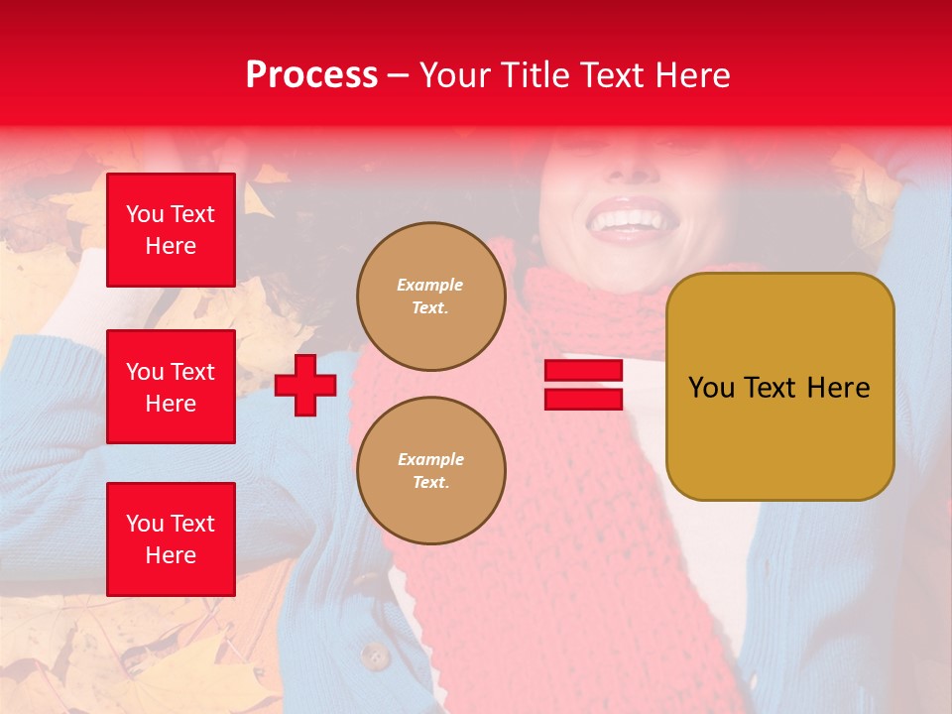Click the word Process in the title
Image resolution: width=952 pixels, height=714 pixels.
point(311,75)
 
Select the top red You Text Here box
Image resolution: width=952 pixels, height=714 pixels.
point(171,230)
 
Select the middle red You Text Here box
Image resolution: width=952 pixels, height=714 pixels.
point(171,387)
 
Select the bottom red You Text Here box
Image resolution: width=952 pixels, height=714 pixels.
point(171,539)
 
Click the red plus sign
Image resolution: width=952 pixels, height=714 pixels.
point(305,385)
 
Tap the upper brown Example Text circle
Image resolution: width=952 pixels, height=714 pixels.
point(430,297)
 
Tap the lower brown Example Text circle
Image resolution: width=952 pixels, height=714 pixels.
point(430,471)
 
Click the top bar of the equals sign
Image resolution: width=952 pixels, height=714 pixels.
point(583,371)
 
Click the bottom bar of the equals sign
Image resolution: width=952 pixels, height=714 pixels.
point(583,400)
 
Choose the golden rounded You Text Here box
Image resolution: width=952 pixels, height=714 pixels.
point(779,387)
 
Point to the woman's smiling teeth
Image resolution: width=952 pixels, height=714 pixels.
point(626,217)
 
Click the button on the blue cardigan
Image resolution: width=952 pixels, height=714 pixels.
point(374,655)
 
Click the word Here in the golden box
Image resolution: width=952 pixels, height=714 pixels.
point(838,388)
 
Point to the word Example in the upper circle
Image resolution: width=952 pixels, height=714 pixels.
point(429,285)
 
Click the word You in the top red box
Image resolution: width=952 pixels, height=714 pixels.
point(145,214)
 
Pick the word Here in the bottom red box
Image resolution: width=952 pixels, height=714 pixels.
point(171,555)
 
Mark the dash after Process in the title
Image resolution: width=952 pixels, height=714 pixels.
point(399,75)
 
